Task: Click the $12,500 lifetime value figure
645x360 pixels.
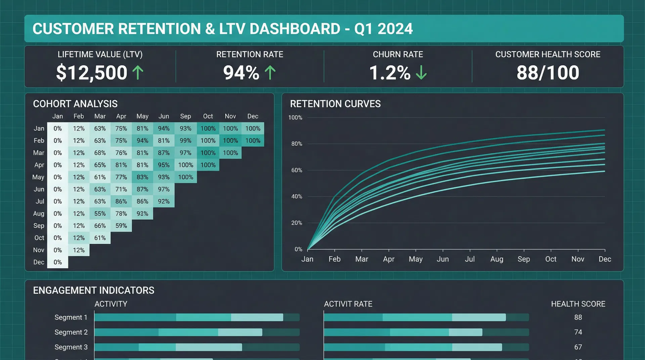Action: point(91,73)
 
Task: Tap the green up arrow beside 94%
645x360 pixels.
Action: point(270,73)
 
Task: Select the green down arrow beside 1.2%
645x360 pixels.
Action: point(421,73)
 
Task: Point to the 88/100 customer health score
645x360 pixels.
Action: point(548,73)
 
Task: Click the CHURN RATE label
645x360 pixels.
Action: point(398,54)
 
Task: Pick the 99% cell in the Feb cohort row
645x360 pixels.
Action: point(185,141)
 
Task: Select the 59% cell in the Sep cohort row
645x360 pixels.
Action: point(121,226)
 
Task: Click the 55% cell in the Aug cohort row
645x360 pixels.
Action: point(100,214)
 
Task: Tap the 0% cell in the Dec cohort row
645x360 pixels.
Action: point(57,262)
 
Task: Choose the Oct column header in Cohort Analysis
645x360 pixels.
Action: point(208,116)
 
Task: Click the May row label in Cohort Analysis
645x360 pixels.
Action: point(38,177)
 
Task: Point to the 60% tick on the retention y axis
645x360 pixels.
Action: point(297,170)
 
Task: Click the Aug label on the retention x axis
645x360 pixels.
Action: point(497,259)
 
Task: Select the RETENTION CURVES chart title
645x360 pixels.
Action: point(335,104)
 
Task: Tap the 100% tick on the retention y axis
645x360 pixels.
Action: point(295,118)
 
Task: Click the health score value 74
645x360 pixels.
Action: point(578,332)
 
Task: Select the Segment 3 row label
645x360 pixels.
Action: point(71,347)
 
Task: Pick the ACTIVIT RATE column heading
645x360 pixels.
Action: point(348,304)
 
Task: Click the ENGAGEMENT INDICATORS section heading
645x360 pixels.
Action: point(93,290)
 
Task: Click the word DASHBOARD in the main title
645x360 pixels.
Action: point(295,29)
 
